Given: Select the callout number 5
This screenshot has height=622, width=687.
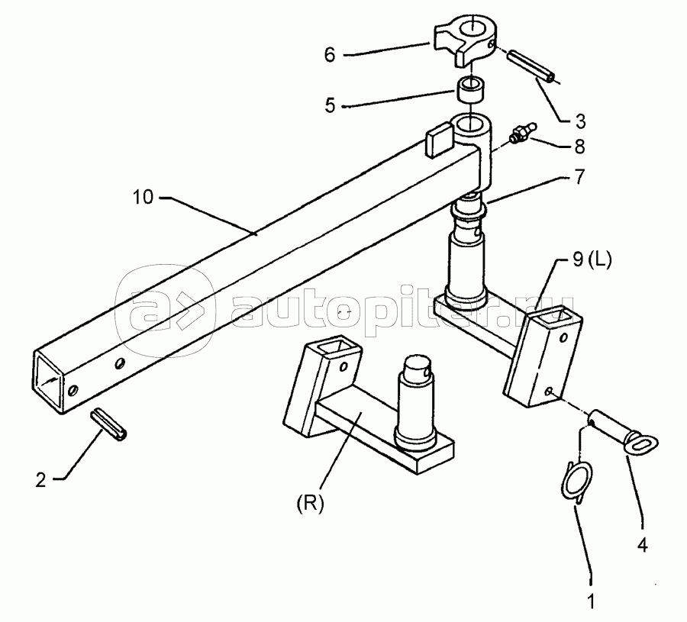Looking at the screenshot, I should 330,106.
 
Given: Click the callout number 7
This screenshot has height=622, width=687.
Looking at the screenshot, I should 579,177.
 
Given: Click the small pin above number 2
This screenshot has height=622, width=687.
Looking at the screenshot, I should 113,423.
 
